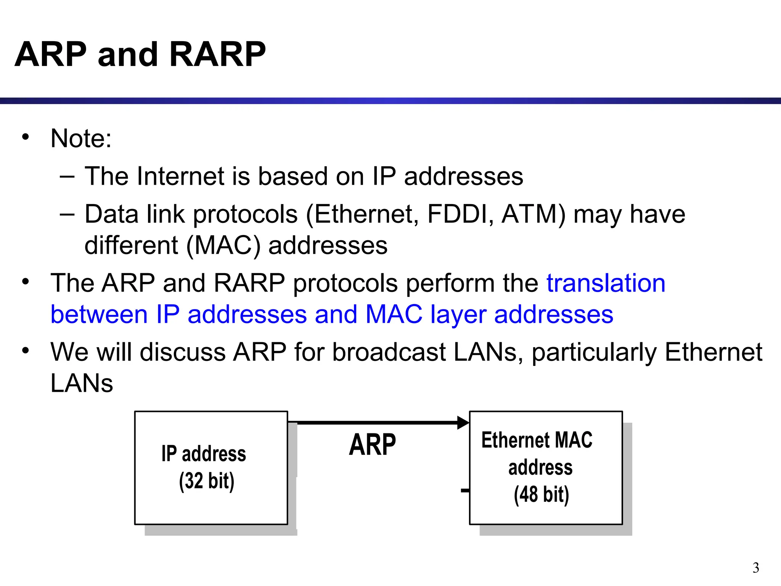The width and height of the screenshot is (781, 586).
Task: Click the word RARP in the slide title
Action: [x=217, y=54]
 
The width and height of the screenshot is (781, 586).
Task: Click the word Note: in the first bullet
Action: [x=81, y=138]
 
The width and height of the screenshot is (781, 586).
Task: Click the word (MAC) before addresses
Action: [x=223, y=245]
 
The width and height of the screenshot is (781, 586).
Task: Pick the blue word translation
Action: [x=606, y=283]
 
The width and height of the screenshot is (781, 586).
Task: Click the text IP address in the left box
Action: [x=204, y=454]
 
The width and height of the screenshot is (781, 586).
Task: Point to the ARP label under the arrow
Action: [x=372, y=445]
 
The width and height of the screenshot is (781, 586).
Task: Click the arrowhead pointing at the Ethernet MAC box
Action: [x=463, y=423]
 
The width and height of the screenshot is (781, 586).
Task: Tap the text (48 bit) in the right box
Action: [x=541, y=495]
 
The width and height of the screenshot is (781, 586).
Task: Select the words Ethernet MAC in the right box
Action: [x=537, y=440]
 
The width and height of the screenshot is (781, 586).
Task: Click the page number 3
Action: [x=755, y=568]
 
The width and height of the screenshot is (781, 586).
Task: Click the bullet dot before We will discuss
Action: [x=26, y=350]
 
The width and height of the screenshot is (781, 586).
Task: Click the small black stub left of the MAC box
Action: [x=465, y=491]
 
